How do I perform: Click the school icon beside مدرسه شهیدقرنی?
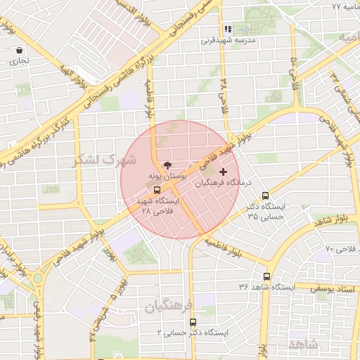click(x=227, y=30)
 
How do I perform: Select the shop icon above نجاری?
click(x=19, y=51)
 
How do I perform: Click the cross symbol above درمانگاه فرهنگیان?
click(x=224, y=172)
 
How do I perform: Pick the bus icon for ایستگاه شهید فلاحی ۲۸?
click(x=156, y=189)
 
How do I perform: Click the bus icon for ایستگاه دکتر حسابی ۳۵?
click(x=265, y=195)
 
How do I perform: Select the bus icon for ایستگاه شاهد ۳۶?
click(x=266, y=276)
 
